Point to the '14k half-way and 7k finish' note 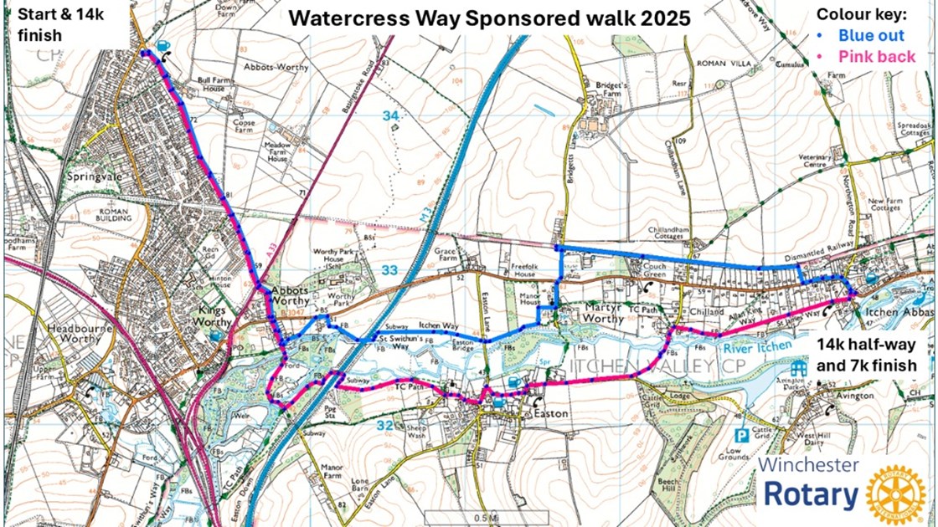point(871,355)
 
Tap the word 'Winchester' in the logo point(808,465)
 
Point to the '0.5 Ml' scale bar point(474,516)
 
